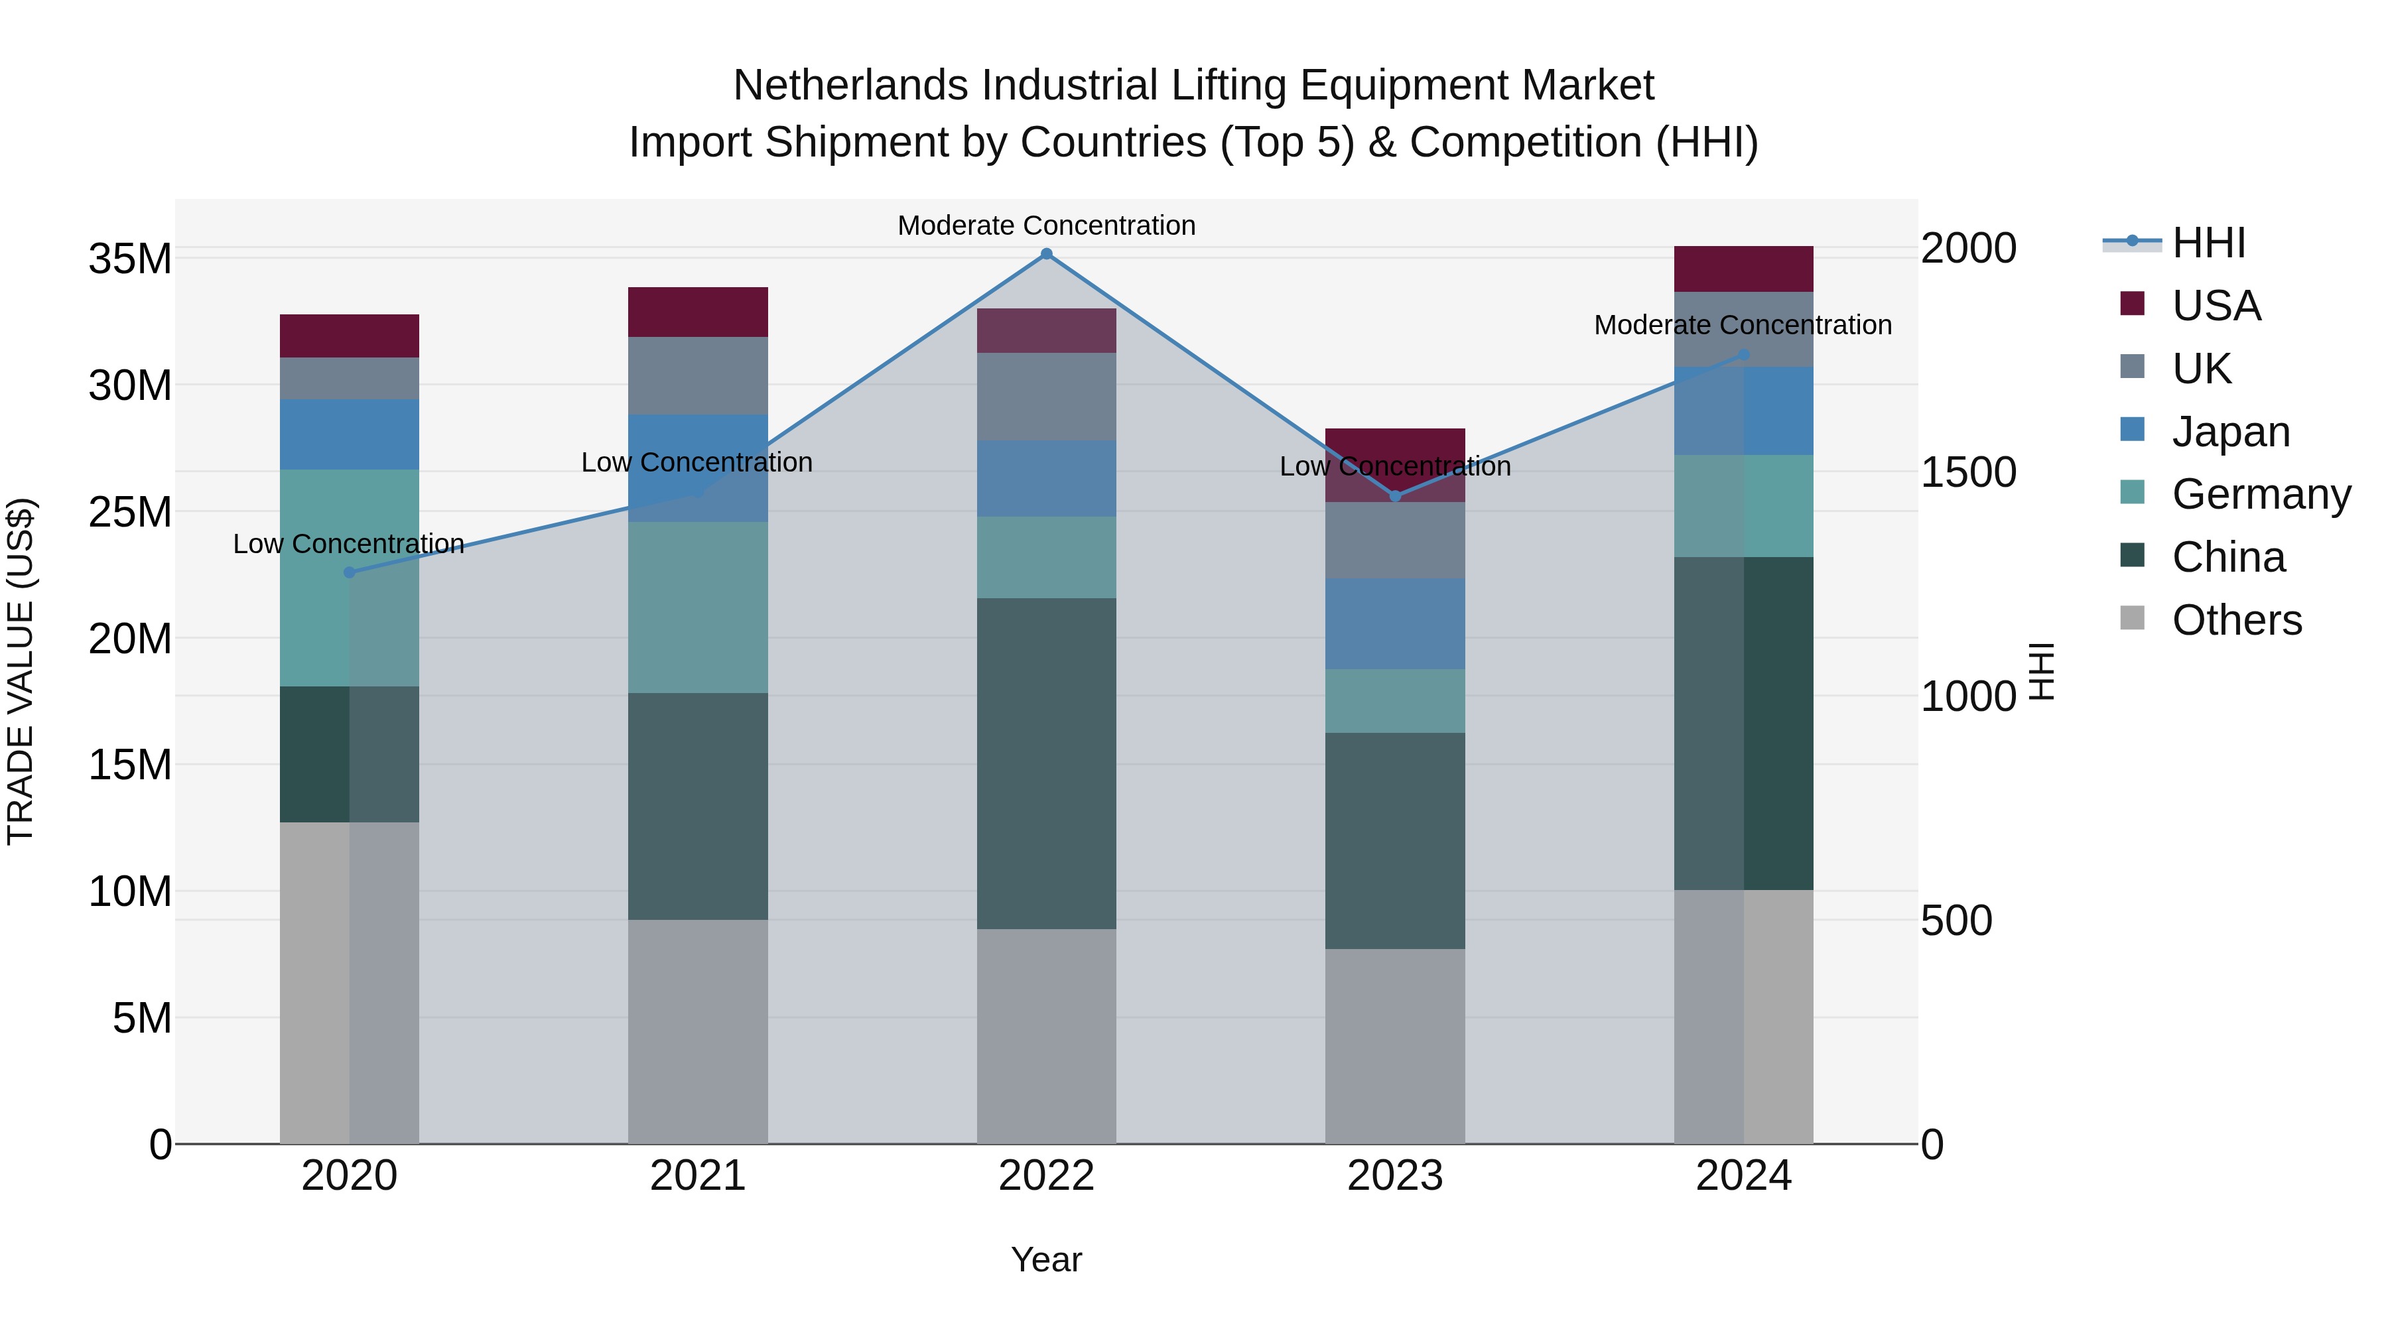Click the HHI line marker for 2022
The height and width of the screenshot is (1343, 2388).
tap(1047, 254)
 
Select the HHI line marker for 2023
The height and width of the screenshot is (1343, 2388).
tap(1395, 496)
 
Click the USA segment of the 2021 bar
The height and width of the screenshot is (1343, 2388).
tap(698, 312)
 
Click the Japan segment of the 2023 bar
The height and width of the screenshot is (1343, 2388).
tap(1395, 624)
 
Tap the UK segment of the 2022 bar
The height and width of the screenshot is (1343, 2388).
tap(1047, 397)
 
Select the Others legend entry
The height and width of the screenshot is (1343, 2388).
tap(2236, 620)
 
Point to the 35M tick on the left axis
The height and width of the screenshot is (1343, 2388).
tap(130, 259)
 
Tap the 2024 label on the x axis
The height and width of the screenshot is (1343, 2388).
tap(1743, 1176)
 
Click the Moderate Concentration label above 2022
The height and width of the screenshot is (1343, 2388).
tap(1047, 225)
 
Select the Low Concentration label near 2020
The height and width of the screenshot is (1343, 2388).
tap(348, 544)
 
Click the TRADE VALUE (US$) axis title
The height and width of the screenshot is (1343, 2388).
tap(21, 671)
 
